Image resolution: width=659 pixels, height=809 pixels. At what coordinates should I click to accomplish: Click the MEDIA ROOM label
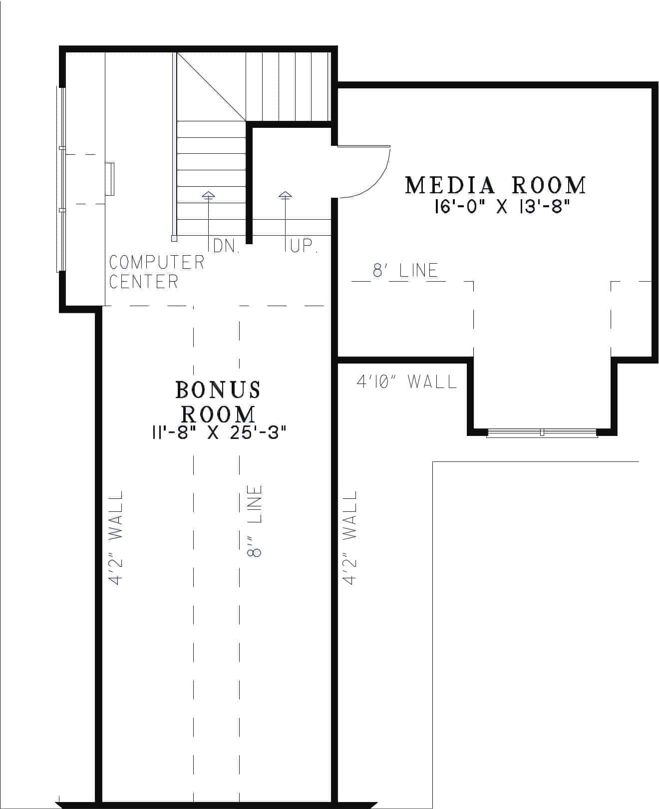coord(495,185)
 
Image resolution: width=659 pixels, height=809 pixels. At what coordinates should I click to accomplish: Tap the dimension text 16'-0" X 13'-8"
coord(502,206)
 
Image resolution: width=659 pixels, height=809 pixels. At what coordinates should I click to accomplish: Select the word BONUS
coord(218,390)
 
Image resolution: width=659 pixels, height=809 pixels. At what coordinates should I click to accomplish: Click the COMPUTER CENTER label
coord(157,272)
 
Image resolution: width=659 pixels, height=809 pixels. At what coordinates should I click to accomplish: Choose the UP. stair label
coord(303,246)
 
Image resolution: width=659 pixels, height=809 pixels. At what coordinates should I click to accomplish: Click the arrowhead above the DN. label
coord(208,195)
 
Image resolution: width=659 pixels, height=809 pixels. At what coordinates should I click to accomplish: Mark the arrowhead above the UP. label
coord(285,195)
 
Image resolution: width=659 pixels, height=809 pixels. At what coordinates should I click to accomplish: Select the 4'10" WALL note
coord(406,382)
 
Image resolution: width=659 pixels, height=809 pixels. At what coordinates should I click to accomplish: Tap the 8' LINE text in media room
coord(405,271)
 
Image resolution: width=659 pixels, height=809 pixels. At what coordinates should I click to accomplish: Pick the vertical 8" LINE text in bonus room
coord(255,521)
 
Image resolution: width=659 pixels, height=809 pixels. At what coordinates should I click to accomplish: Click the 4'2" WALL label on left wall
coord(116,537)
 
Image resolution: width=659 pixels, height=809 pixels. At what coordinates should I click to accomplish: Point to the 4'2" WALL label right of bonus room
coord(350,537)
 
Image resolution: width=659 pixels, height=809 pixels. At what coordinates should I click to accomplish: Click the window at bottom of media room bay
coord(542,432)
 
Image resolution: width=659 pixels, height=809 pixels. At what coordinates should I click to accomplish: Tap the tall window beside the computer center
coord(62,180)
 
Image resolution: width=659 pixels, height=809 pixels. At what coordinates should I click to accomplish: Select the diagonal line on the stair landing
coord(211,86)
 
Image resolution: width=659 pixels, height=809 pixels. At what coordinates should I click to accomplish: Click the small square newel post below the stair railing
coord(174,239)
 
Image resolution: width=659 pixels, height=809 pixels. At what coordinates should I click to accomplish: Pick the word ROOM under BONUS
coord(218,413)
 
